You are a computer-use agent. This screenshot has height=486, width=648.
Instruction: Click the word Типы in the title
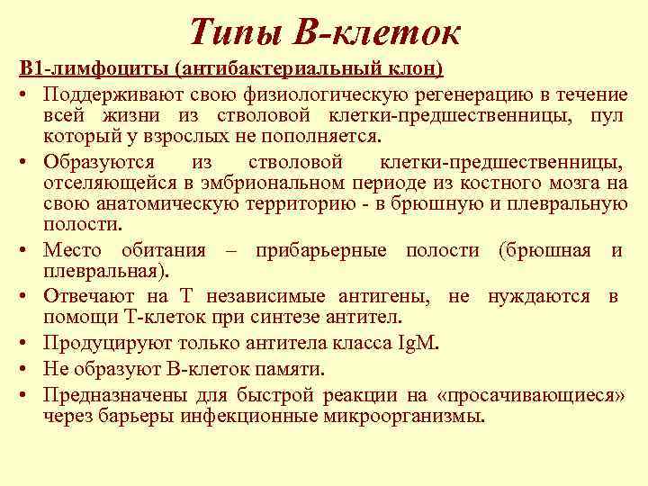click(x=238, y=33)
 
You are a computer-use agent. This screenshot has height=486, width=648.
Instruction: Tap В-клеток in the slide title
click(x=378, y=33)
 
